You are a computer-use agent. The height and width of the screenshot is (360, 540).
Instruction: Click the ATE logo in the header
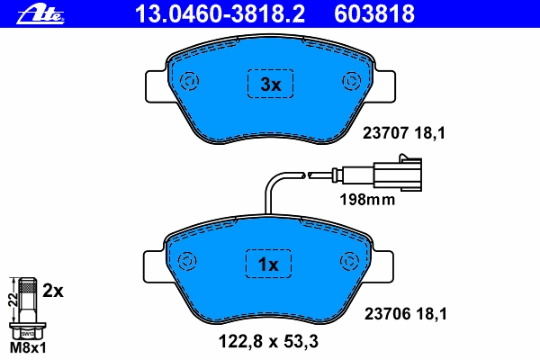[x=40, y=15]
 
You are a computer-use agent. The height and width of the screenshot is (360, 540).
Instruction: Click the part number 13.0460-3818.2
[x=220, y=14]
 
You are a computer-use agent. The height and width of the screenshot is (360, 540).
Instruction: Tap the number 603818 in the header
[x=374, y=14]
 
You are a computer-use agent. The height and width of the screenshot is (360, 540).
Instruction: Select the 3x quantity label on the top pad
[x=271, y=85]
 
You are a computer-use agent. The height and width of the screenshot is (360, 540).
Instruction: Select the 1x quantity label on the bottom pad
[x=268, y=265]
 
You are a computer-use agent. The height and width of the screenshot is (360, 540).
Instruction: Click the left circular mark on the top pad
[x=189, y=81]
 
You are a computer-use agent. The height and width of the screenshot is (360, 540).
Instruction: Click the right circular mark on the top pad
[x=352, y=81]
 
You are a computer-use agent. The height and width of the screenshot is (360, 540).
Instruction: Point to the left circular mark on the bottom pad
[x=187, y=261]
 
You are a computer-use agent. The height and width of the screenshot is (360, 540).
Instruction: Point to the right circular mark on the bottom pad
[x=349, y=261]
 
